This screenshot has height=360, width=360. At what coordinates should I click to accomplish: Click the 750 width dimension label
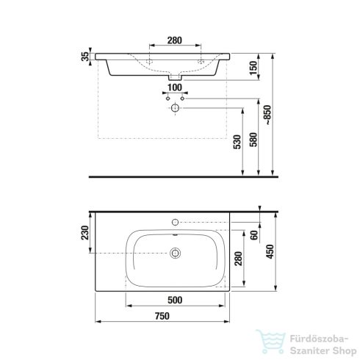pyautogui.click(x=162, y=316)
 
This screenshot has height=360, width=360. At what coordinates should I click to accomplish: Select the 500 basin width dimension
pyautogui.click(x=175, y=300)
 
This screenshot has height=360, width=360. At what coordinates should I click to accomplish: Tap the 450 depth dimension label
pyautogui.click(x=270, y=251)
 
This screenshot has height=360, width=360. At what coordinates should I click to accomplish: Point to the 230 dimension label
pyautogui.click(x=85, y=233)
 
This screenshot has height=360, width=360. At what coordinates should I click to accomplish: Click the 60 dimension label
pyautogui.click(x=254, y=235)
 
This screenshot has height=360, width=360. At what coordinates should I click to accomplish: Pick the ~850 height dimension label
pyautogui.click(x=268, y=115)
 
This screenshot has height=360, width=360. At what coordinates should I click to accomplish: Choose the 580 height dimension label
pyautogui.click(x=253, y=140)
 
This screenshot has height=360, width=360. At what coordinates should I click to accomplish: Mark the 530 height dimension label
pyautogui.click(x=237, y=142)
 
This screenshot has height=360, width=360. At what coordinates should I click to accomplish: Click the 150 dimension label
pyautogui.click(x=253, y=68)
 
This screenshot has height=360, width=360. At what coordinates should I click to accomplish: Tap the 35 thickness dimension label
pyautogui.click(x=85, y=57)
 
